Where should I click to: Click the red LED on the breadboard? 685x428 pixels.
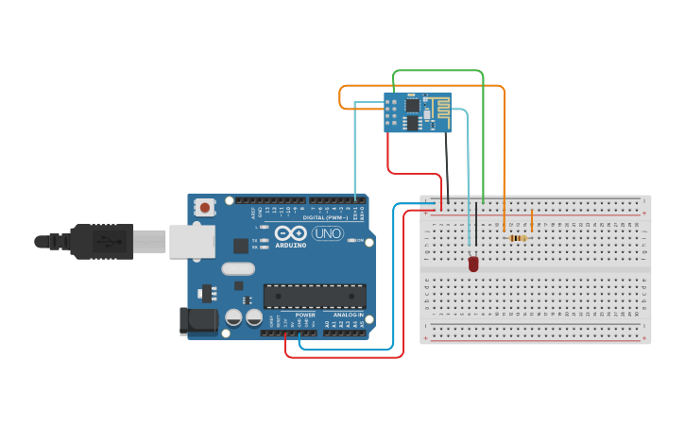(x=473, y=264)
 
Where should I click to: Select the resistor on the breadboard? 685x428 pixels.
(x=518, y=238)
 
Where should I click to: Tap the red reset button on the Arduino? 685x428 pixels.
(x=204, y=207)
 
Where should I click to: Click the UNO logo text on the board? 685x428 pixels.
(x=327, y=233)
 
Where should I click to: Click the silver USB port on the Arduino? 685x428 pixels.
(x=192, y=241)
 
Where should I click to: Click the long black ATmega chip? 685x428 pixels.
(x=315, y=296)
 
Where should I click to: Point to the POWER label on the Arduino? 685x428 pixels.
(x=305, y=315)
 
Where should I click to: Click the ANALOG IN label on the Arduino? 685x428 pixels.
(x=348, y=315)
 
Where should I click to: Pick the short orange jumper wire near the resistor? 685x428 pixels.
(x=532, y=221)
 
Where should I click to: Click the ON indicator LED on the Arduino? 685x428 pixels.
(x=351, y=240)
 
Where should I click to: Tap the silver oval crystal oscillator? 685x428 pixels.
(x=239, y=267)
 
